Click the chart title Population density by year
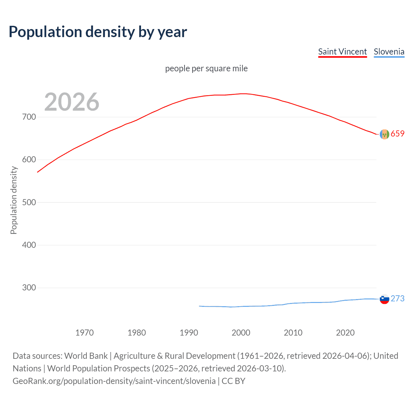click(x=98, y=32)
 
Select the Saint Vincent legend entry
click(x=342, y=52)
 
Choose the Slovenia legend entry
click(x=389, y=52)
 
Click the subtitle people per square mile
click(x=206, y=68)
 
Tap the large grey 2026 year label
click(x=72, y=102)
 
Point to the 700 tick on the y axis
click(x=29, y=117)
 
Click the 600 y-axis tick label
click(x=29, y=160)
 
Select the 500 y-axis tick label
click(x=29, y=202)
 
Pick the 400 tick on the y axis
click(x=29, y=245)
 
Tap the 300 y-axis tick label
click(x=29, y=287)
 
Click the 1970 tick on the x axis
click(x=85, y=333)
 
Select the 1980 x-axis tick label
click(x=137, y=333)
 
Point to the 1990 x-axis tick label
click(x=189, y=333)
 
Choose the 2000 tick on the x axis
click(x=241, y=333)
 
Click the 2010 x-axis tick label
click(x=293, y=333)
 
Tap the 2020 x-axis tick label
click(x=345, y=333)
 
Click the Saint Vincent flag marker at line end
click(x=384, y=134)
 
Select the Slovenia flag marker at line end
click(x=384, y=299)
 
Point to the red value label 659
click(x=398, y=134)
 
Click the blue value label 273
click(x=398, y=298)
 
